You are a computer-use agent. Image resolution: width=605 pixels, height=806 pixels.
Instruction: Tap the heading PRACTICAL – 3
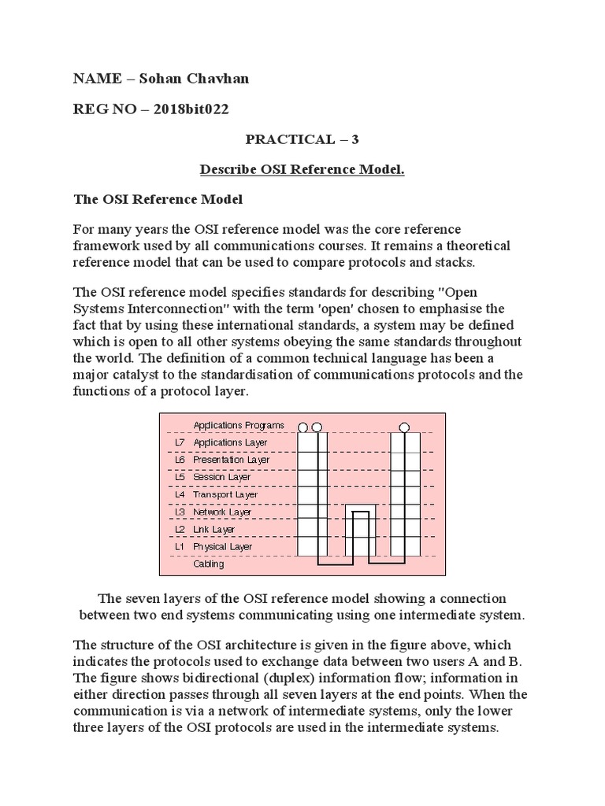302,139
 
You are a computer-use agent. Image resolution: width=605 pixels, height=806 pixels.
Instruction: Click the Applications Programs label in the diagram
239,425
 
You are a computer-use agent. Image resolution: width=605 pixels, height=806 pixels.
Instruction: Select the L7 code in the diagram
179,442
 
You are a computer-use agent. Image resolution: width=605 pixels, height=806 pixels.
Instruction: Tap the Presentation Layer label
231,460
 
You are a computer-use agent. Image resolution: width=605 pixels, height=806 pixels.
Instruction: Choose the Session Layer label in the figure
222,477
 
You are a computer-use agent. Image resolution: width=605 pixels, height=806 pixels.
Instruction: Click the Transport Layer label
225,494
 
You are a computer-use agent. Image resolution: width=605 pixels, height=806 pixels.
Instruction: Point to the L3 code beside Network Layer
179,512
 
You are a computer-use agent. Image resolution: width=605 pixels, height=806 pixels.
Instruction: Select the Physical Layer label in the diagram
223,546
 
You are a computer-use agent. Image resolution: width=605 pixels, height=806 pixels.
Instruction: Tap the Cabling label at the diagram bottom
209,564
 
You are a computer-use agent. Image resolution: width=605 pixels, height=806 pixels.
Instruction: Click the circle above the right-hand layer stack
405,427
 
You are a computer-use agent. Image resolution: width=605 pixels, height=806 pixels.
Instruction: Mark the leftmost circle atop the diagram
303,427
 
